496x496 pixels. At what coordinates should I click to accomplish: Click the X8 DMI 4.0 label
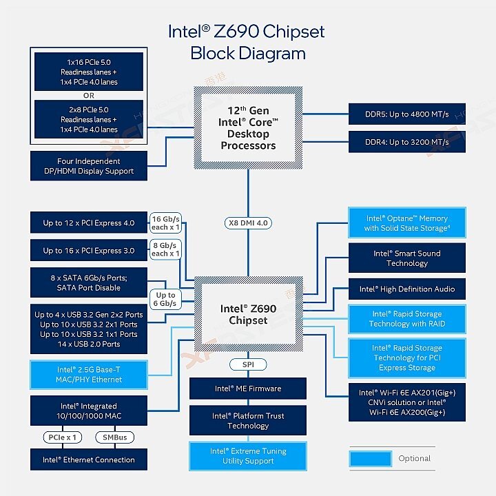point(248,223)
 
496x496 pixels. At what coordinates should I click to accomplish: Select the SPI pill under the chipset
point(248,364)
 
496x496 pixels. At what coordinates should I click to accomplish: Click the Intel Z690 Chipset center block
point(248,315)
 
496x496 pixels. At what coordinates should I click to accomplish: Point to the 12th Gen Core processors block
point(248,128)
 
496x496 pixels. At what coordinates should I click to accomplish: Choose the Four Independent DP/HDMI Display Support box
point(88,166)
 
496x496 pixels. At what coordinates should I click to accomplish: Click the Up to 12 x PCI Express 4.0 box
point(88,223)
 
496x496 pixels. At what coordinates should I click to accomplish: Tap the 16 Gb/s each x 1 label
point(165,222)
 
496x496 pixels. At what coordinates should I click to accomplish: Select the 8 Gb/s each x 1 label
point(165,249)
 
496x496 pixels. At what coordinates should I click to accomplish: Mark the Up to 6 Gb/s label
point(165,299)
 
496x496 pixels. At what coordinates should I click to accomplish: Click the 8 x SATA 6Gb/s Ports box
point(88,283)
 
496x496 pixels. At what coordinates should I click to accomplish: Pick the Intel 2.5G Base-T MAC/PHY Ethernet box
point(88,374)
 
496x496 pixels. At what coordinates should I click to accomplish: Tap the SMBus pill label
point(114,437)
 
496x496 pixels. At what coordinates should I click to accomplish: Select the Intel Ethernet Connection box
point(88,459)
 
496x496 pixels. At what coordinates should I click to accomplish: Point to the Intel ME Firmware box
point(248,389)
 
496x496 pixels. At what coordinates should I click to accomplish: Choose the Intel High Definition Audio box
point(407,289)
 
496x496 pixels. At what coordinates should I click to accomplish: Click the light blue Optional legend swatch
point(371,458)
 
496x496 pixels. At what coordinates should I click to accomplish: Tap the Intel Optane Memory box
point(407,223)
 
